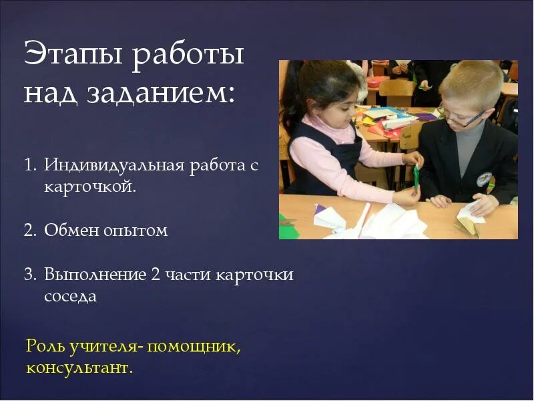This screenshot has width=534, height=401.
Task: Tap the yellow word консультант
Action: (x=79, y=367)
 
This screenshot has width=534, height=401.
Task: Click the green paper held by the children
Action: (x=416, y=177)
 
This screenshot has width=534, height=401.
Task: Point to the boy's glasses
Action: (x=463, y=120)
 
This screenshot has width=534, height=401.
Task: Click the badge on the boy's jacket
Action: (x=484, y=179)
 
